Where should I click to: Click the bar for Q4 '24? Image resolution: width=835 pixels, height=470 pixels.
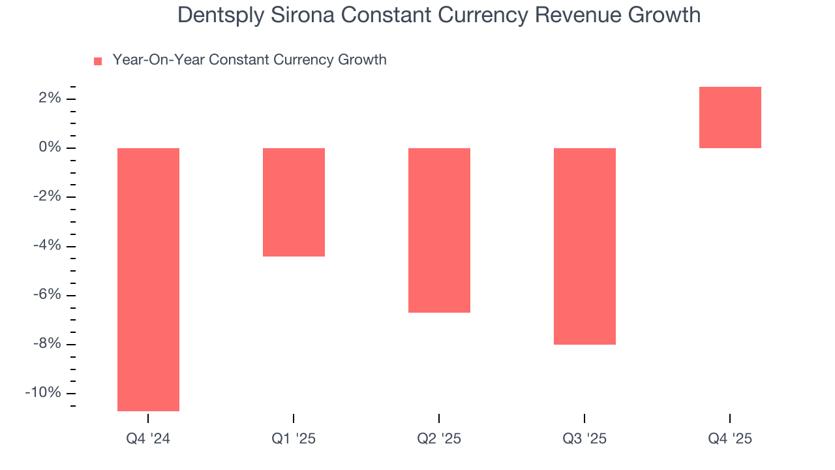tap(148, 279)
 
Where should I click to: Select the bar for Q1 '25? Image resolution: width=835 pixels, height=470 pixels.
tap(294, 202)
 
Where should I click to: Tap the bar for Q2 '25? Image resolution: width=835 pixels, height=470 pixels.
tap(439, 230)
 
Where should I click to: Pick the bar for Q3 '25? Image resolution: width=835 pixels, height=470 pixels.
tap(584, 246)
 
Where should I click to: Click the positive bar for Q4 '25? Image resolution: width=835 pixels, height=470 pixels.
tap(730, 117)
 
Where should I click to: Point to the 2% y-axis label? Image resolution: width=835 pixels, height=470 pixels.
tap(50, 99)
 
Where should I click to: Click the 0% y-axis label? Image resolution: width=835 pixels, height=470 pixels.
tap(50, 148)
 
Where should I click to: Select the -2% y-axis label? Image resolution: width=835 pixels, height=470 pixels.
tap(47, 197)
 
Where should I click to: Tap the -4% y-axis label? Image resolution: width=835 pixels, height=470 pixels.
tap(47, 246)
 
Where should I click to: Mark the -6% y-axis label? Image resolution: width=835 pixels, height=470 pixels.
tap(47, 295)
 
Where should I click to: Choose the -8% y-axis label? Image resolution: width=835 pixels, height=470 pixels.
tap(47, 344)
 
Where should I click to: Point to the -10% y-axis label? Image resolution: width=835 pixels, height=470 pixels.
tap(43, 393)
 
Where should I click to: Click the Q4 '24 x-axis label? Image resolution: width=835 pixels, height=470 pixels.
tap(148, 439)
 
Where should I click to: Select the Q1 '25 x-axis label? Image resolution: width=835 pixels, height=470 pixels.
tap(294, 439)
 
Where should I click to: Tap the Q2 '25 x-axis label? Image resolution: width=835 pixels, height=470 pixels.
tap(439, 439)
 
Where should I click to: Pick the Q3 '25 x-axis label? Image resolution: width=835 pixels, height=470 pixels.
tap(584, 439)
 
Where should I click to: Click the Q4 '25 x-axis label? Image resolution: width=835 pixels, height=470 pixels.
tap(730, 439)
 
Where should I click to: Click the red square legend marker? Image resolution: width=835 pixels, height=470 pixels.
tap(98, 61)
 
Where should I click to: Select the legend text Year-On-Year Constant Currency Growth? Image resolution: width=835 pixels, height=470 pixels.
tap(249, 60)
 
